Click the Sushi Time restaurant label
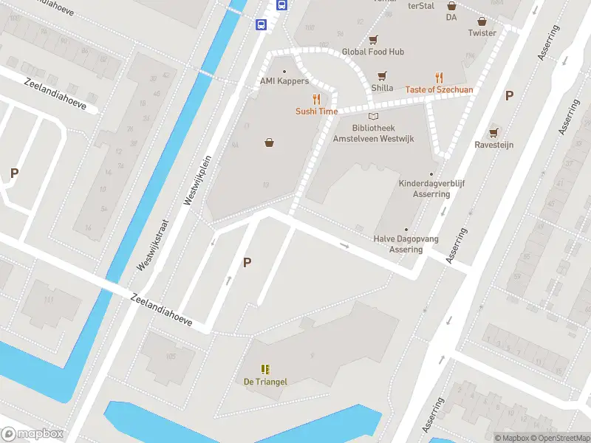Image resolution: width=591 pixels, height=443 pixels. (x=316, y=111)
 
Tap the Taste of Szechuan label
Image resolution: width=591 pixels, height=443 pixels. (x=439, y=89)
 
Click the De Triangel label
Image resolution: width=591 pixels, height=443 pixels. (x=265, y=382)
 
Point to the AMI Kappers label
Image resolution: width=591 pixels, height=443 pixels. (x=284, y=81)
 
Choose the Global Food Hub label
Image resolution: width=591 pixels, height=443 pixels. (x=372, y=52)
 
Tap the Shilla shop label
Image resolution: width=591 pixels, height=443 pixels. (x=382, y=87)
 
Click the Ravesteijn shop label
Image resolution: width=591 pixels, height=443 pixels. (x=493, y=145)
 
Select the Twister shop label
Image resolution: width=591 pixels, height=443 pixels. (x=482, y=33)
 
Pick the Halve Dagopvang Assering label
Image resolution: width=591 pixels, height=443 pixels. (x=406, y=244)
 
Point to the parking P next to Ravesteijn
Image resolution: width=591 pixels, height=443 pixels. (x=509, y=95)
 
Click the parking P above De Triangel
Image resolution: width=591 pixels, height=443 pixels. (x=247, y=262)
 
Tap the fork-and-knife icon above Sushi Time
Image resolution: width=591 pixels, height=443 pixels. (x=317, y=99)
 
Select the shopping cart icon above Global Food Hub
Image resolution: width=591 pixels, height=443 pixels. (x=372, y=40)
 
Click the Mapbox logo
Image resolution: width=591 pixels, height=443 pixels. (x=33, y=434)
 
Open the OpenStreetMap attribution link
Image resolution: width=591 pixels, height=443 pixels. (x=559, y=437)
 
